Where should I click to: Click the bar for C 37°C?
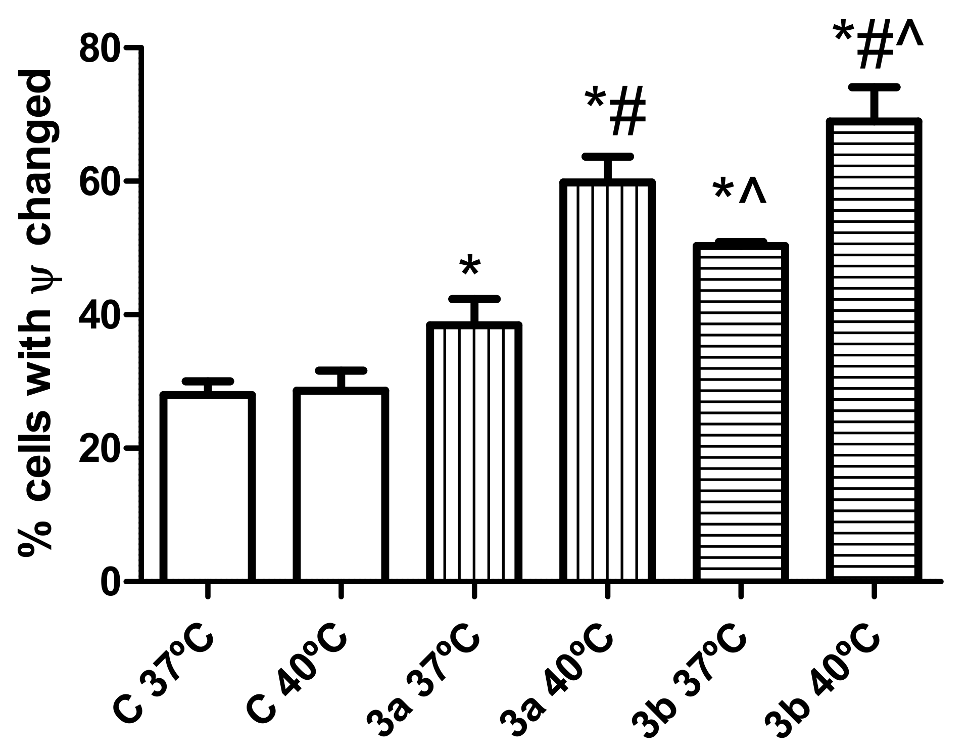tap(207, 488)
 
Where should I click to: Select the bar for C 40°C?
tap(341, 485)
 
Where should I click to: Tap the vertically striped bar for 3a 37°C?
tap(474, 452)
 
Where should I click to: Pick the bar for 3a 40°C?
tap(608, 382)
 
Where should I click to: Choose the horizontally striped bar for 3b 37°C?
tap(741, 412)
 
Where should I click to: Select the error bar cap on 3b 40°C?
tap(874, 88)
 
